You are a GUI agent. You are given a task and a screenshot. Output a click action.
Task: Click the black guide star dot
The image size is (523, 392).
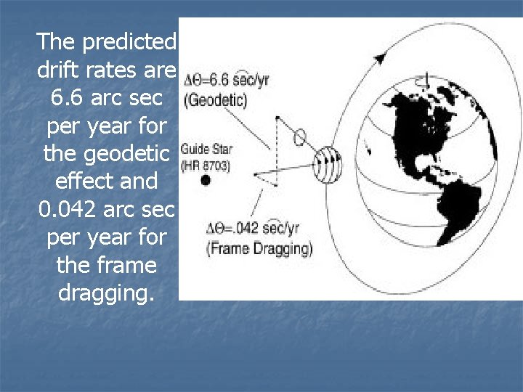(206, 180)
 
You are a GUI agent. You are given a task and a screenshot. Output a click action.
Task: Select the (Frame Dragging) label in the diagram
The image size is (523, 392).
(259, 249)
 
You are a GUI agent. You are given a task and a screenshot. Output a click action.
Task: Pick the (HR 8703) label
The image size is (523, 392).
(206, 166)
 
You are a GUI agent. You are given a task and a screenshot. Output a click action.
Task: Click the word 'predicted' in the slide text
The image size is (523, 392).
(129, 42)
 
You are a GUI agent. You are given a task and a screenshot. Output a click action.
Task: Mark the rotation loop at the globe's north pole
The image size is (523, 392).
(426, 75)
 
